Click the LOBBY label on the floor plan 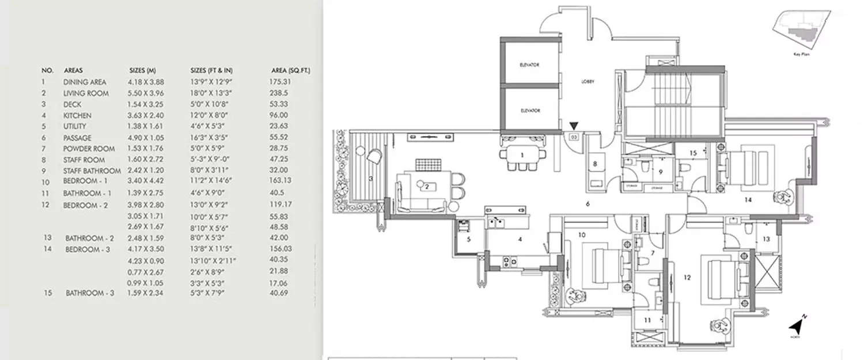pos(587,82)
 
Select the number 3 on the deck pos(371,179)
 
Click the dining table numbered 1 pos(522,156)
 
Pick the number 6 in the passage pos(587,203)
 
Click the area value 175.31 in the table pos(281,82)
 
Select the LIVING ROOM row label pos(86,93)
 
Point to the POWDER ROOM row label pos(89,149)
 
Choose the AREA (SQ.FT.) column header pos(290,70)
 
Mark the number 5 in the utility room pos(468,238)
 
